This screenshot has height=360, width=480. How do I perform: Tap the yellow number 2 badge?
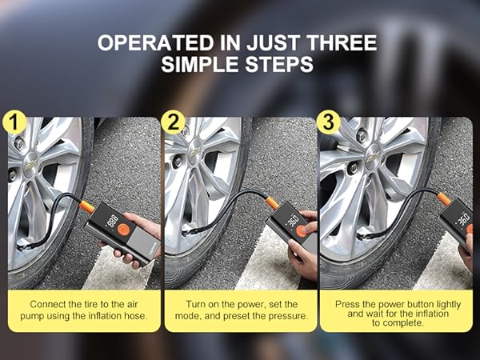pos(171,122)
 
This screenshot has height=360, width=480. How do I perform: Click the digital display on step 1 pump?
pos(112,217)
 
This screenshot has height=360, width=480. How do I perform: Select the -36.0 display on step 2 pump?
pos(292,219)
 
